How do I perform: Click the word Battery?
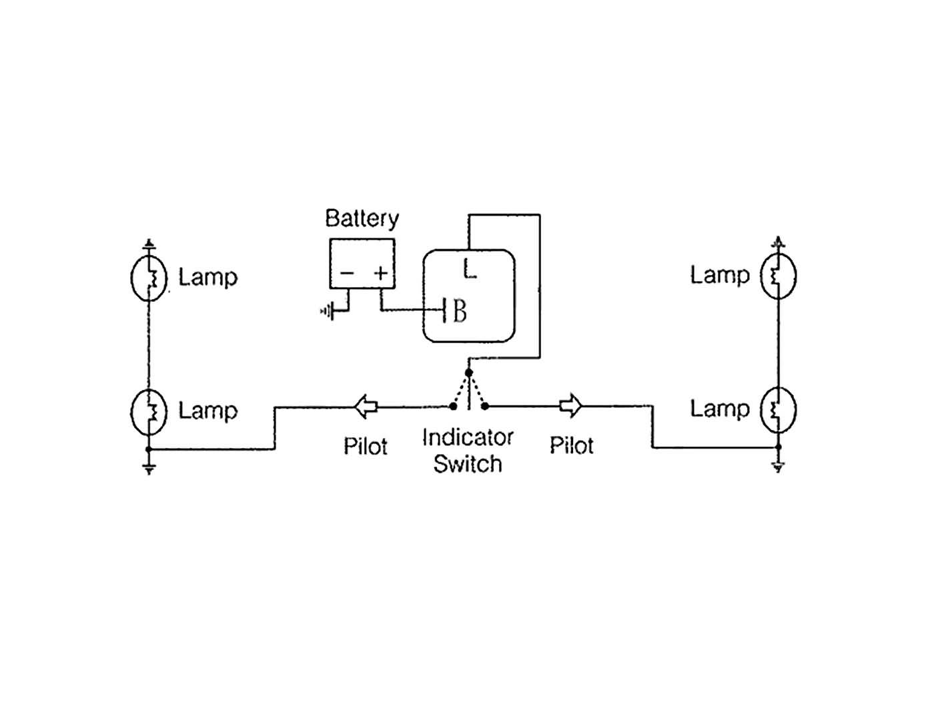coord(362,219)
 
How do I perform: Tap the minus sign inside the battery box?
coord(347,272)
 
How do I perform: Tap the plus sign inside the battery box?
coord(380,272)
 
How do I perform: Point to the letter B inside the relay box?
coord(460,311)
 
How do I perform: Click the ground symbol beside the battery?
coord(328,311)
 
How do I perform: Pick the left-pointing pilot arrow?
coord(366,406)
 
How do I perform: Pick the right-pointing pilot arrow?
coord(571,405)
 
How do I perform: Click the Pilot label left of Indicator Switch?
coord(366,446)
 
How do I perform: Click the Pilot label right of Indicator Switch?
coord(572,445)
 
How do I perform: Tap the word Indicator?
coord(468,438)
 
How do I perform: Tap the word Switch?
coord(468,463)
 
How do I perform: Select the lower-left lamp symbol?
coord(148,411)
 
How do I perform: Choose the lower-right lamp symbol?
coord(778,409)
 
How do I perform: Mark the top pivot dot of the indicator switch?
coord(469,373)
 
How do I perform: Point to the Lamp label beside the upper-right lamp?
coord(720,275)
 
